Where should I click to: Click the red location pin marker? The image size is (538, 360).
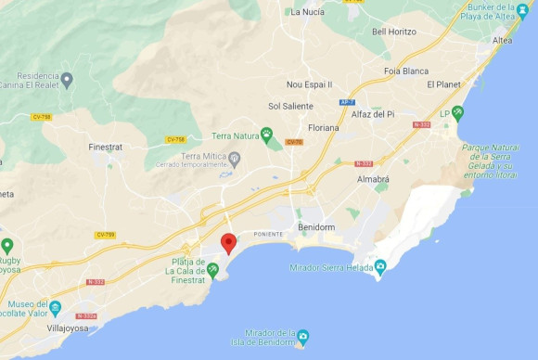[x=228, y=243]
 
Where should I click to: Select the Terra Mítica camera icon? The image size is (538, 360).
[x=235, y=160]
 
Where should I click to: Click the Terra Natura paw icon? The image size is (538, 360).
[x=266, y=135]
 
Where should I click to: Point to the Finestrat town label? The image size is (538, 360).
[x=105, y=147]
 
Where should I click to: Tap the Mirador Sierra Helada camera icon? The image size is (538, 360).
[x=379, y=268]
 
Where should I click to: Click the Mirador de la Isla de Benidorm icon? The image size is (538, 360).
[x=302, y=335]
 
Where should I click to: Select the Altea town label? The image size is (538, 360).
[x=503, y=41]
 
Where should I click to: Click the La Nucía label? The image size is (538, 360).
[x=308, y=12]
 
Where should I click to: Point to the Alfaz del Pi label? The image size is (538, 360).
[x=372, y=114]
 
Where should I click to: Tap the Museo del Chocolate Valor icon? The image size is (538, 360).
[x=56, y=307]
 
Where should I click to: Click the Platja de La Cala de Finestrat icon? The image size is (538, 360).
[x=213, y=270]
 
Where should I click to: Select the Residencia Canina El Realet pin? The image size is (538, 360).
[x=66, y=80]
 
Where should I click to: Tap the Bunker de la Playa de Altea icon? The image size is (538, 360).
[x=523, y=10]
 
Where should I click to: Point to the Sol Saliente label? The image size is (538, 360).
[x=290, y=106]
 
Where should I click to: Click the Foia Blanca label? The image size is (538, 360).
[x=406, y=71]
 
